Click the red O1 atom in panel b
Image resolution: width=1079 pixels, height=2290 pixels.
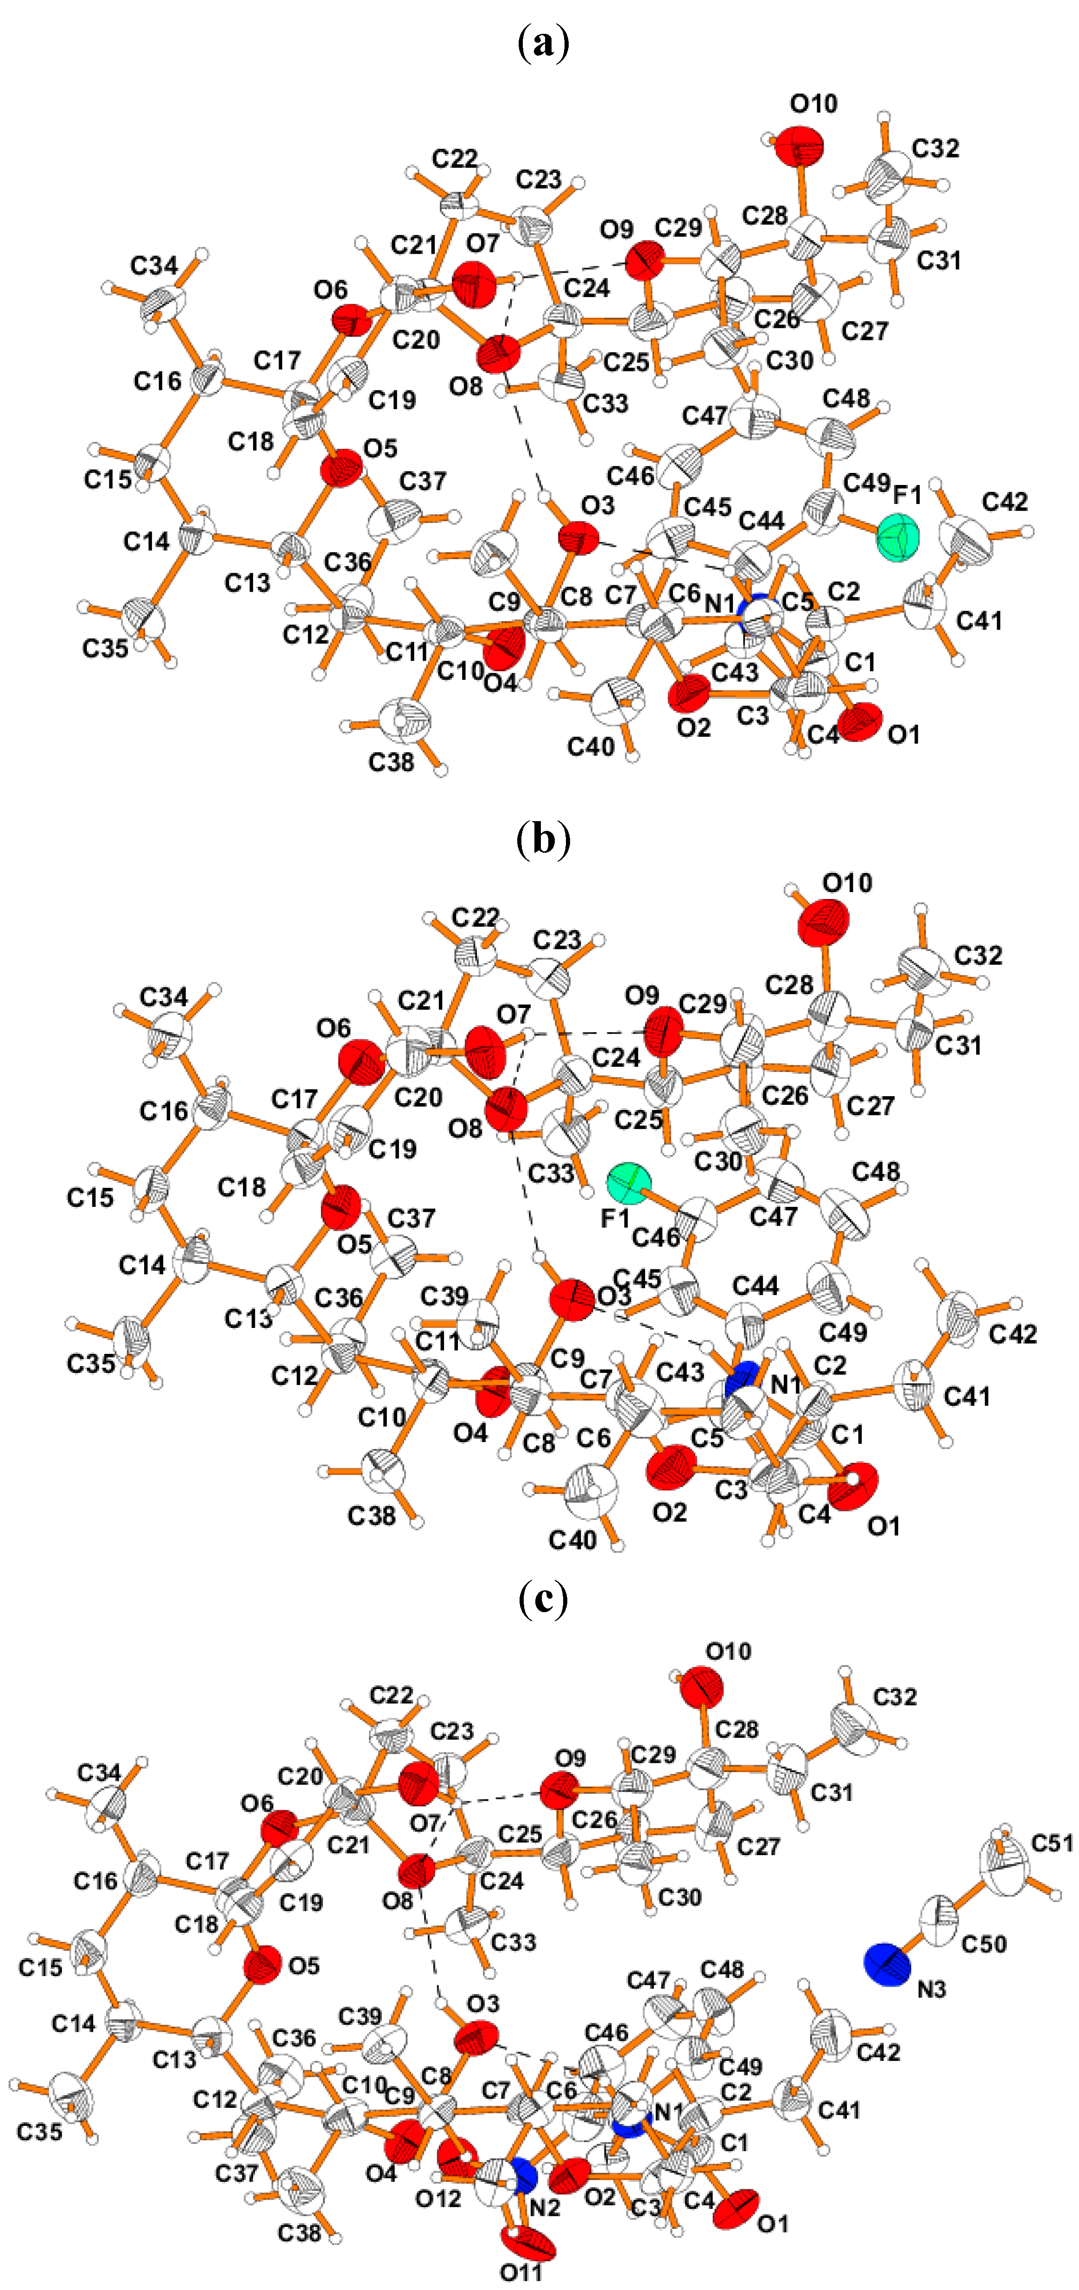click(858, 1486)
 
